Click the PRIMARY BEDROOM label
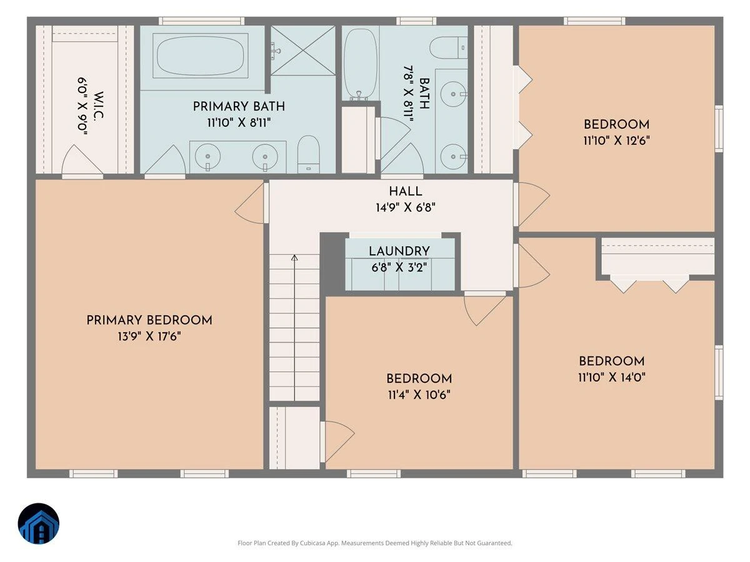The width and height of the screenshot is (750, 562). (x=149, y=320)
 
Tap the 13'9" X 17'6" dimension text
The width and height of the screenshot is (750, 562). (x=149, y=337)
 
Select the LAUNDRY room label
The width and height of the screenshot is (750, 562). (x=399, y=251)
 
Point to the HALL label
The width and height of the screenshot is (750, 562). (x=406, y=192)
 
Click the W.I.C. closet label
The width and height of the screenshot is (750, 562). (x=98, y=105)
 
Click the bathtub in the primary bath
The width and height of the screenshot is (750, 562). (x=201, y=56)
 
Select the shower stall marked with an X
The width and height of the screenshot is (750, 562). (x=303, y=50)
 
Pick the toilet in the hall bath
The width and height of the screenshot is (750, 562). (x=448, y=47)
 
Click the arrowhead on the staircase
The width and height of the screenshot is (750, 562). (x=294, y=258)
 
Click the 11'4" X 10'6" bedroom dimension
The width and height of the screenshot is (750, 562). (x=419, y=395)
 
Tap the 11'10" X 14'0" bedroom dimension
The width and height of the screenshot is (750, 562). (x=612, y=377)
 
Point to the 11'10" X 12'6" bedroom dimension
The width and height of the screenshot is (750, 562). (x=616, y=140)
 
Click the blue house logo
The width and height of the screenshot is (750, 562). (x=39, y=524)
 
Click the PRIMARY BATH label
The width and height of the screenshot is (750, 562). (x=239, y=106)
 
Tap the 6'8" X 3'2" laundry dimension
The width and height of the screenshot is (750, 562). (x=399, y=267)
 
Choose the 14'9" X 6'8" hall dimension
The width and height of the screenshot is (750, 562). (x=406, y=207)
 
